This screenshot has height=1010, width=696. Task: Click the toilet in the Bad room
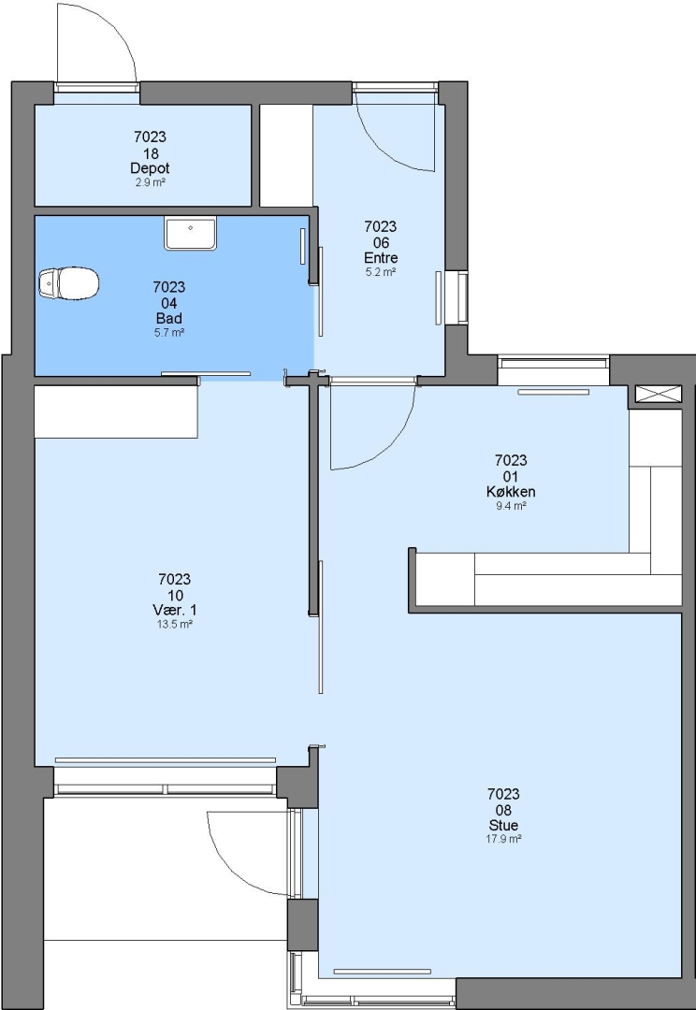pyautogui.click(x=68, y=283)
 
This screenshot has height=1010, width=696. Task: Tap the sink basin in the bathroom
pyautogui.click(x=190, y=233)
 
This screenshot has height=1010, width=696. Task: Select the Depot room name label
pyautogui.click(x=150, y=168)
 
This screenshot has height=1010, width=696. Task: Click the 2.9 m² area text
pyautogui.click(x=151, y=183)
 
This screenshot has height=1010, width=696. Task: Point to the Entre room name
pyautogui.click(x=381, y=258)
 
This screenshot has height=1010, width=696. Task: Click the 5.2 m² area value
pyautogui.click(x=381, y=272)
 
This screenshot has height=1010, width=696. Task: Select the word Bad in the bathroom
pyautogui.click(x=168, y=318)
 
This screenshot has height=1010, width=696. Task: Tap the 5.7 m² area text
pyautogui.click(x=168, y=333)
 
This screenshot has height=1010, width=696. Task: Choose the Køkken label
pyautogui.click(x=511, y=492)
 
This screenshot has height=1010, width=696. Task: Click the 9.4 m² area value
pyautogui.click(x=511, y=506)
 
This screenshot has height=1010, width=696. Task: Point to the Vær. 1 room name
pyautogui.click(x=175, y=610)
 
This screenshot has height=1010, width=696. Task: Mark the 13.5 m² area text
pyautogui.click(x=175, y=625)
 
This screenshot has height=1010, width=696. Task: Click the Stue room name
pyautogui.click(x=503, y=825)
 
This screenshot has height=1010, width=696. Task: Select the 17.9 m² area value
pyautogui.click(x=503, y=839)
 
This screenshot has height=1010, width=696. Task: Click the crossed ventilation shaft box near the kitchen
pyautogui.click(x=658, y=394)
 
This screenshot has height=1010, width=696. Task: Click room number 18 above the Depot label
pyautogui.click(x=151, y=153)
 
